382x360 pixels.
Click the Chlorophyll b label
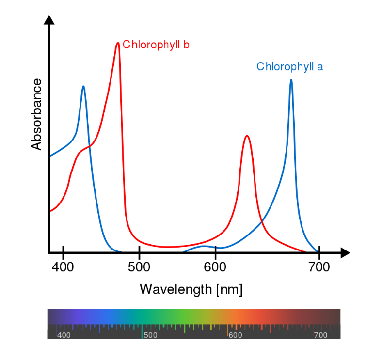156,45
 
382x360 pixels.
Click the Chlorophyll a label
289,66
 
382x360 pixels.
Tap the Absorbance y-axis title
37,115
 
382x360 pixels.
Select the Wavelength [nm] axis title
191,289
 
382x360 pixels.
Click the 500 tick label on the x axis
139,267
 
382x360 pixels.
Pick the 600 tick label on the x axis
215,267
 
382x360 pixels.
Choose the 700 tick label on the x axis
318,267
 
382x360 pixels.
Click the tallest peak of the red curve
118,43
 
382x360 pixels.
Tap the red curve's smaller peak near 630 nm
247,136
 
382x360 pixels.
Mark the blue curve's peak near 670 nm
291,80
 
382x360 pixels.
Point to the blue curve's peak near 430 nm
83,87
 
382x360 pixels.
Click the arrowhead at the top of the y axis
49,19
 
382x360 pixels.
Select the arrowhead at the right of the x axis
345,252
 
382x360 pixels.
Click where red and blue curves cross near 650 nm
262,221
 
